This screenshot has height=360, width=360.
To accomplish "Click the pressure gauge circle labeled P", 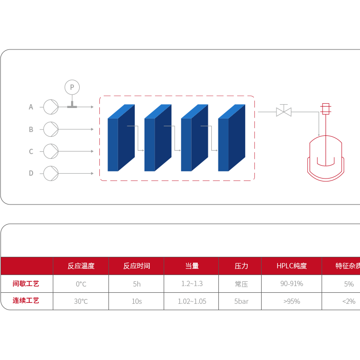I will click(72, 87).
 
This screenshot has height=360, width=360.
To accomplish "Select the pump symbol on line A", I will click(51, 107).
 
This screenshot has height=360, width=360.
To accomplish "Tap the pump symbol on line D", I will click(51, 173).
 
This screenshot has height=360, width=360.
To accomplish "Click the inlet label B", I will click(31, 129).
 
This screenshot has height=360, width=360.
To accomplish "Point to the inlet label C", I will click(31, 151).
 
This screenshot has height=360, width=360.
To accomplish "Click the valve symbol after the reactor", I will click(284, 112).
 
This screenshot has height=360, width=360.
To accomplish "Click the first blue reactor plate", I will click(120, 138).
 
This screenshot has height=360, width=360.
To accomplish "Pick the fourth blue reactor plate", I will click(231, 138).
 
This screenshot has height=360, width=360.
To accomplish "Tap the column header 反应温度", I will click(81, 265).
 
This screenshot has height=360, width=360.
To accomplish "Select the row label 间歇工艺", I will click(26, 284).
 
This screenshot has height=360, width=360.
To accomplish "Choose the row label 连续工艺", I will click(26, 301).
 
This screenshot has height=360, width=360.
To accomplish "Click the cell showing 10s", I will click(137, 301).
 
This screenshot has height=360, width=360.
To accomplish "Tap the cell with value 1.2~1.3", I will click(192, 284).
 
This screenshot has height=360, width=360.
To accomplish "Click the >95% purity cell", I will click(291, 301).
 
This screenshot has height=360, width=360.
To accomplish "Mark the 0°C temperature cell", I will click(81, 284).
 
